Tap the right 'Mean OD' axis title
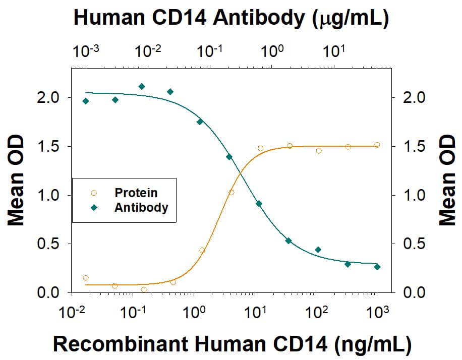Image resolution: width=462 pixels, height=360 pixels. (x=446, y=181)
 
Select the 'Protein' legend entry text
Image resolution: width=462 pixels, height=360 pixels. (x=136, y=193)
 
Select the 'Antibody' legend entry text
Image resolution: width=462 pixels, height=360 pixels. (x=141, y=207)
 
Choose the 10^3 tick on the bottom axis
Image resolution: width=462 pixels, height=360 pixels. (x=376, y=313)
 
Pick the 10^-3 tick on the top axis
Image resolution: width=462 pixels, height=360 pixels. (x=86, y=50)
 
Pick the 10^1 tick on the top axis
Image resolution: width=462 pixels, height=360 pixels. (x=333, y=50)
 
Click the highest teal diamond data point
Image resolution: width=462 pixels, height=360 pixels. (x=142, y=86)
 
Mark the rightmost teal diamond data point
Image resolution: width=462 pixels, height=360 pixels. (x=377, y=267)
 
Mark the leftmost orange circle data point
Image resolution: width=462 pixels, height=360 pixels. (x=86, y=278)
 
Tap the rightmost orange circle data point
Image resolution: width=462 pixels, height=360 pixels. (x=377, y=145)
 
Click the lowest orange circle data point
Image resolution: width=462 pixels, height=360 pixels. (x=144, y=289)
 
